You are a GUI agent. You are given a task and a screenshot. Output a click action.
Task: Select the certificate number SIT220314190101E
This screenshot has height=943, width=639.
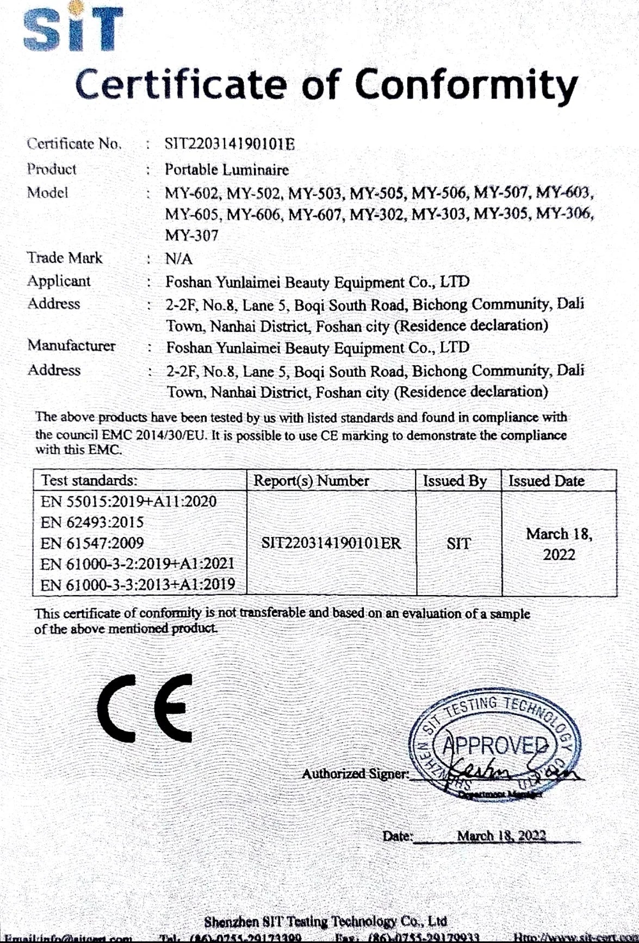pyautogui.click(x=229, y=145)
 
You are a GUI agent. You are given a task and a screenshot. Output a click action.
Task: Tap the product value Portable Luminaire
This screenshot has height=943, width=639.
pyautogui.click(x=227, y=170)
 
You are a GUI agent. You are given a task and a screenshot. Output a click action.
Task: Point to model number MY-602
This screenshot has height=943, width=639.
pyautogui.click(x=193, y=193)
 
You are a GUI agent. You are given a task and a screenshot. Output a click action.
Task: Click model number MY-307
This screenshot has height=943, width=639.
pyautogui.click(x=191, y=236)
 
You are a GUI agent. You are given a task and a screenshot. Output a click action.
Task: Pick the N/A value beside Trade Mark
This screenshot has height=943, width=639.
pyautogui.click(x=179, y=259)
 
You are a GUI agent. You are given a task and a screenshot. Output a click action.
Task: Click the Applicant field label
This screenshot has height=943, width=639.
pyautogui.click(x=59, y=282)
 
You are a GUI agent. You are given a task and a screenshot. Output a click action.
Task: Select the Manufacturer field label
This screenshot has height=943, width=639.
pyautogui.click(x=71, y=346)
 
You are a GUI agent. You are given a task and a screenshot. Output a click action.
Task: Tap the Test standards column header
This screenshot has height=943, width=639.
pyautogui.click(x=90, y=481)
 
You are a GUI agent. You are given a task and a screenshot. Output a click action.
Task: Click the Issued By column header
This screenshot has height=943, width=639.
pyautogui.click(x=455, y=482)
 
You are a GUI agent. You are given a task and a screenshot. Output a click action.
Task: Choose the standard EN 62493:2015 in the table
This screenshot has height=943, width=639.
pyautogui.click(x=92, y=523)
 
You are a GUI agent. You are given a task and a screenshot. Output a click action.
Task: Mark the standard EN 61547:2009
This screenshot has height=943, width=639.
pyautogui.click(x=92, y=543)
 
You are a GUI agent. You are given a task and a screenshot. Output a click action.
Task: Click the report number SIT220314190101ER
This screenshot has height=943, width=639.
pyautogui.click(x=331, y=543)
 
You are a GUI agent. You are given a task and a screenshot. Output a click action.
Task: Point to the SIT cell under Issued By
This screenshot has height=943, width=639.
pyautogui.click(x=458, y=544)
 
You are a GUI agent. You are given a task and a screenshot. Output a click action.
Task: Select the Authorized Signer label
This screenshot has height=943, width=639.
pyautogui.click(x=355, y=774)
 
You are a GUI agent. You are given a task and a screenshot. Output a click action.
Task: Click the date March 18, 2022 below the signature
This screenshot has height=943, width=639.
pyautogui.click(x=501, y=836)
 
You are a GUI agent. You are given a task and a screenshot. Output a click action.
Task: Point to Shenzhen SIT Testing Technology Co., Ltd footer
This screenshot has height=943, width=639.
pyautogui.click(x=325, y=921)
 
